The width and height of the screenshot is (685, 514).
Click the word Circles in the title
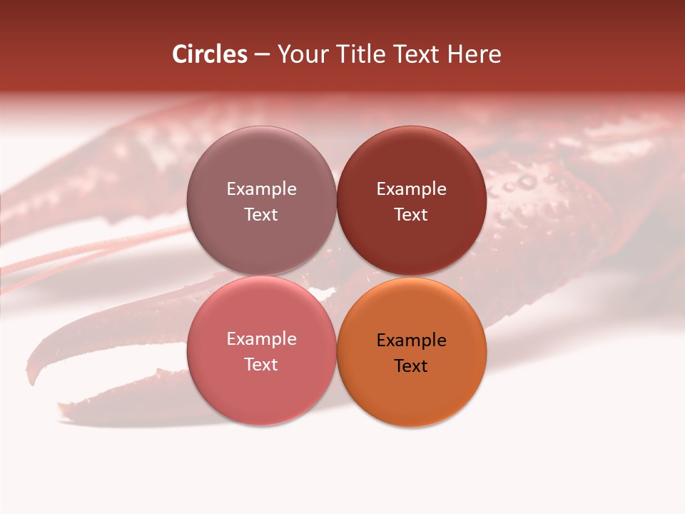pos(210,54)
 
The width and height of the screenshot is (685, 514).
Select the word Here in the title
pos(475,54)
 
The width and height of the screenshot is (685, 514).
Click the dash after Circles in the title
pos(262,55)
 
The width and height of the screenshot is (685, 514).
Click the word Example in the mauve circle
pos(261,189)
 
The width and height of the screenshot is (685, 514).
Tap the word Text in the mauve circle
pos(261,214)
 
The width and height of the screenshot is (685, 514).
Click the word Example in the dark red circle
pos(411,189)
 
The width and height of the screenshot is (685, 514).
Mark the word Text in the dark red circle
pos(411,214)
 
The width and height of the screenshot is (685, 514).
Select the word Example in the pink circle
pos(261,339)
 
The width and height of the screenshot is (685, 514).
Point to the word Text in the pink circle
pos(261,364)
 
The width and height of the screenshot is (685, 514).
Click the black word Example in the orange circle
pos(411,341)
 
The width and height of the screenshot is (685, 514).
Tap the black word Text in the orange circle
pos(411,366)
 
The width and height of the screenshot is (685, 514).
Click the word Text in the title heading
pos(417,54)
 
